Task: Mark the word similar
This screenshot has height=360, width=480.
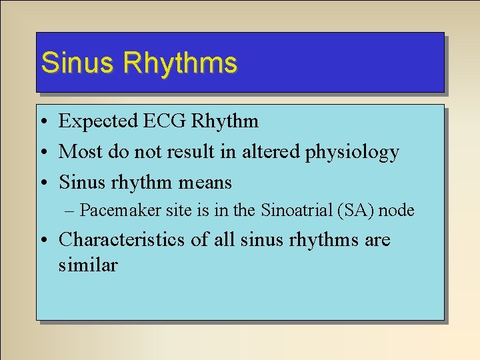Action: [88, 265]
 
